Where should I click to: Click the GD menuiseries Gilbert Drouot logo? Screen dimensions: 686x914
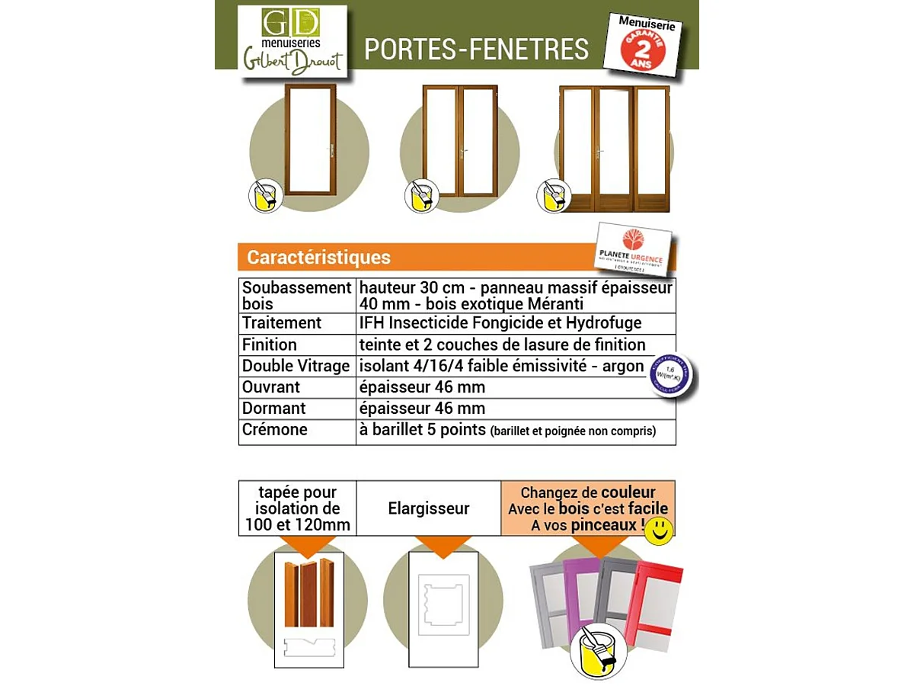[292, 41]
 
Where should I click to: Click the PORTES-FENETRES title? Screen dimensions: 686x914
[476, 49]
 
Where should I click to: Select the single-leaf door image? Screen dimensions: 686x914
[310, 139]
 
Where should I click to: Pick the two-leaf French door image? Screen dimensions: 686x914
[459, 140]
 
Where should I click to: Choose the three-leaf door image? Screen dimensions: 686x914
[614, 148]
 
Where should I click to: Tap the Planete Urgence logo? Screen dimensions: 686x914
[633, 248]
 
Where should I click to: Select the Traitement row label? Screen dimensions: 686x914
[282, 323]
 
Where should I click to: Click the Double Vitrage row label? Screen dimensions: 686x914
[296, 366]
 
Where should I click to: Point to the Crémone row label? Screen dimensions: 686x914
[275, 430]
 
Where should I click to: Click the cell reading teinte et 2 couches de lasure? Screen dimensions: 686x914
[503, 345]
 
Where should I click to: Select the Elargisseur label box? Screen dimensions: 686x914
[428, 508]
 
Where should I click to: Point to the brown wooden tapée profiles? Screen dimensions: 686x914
[309, 595]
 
